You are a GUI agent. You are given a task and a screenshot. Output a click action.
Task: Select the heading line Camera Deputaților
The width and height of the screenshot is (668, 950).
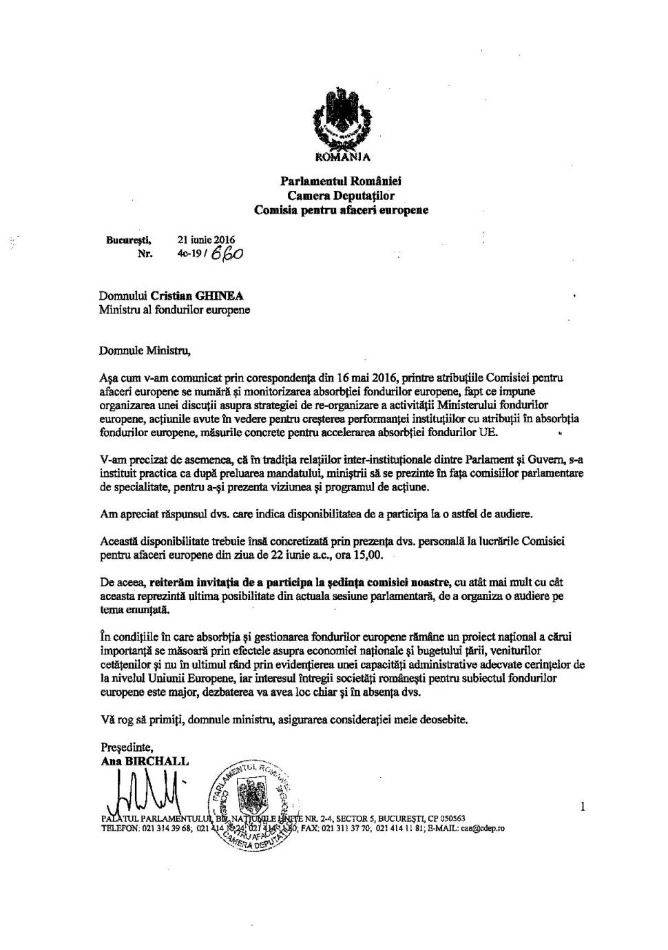tap(341, 196)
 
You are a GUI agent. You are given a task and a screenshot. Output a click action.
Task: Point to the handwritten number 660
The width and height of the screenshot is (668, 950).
tap(228, 254)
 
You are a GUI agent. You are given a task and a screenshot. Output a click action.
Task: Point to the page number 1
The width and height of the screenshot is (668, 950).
tap(583, 805)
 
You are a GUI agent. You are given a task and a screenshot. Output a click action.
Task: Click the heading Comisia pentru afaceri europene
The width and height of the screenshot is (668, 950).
tap(341, 209)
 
